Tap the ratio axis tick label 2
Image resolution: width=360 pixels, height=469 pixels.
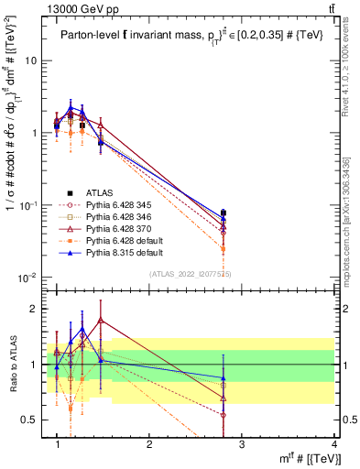click(x=30, y=309)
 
